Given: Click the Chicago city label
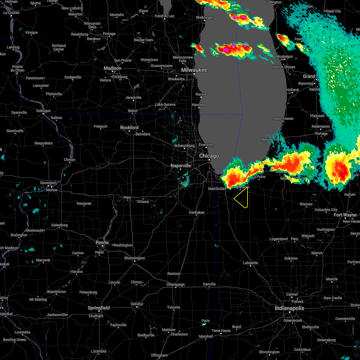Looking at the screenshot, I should (209, 156).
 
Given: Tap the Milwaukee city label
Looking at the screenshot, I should (194, 70).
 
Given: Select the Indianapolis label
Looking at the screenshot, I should (289, 308).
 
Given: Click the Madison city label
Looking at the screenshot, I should (112, 68).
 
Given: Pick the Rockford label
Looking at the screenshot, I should (129, 128).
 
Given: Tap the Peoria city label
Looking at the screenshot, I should (102, 242).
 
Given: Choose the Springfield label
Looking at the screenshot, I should (99, 308).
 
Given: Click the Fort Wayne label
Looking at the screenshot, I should (345, 215).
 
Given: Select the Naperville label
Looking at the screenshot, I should (181, 166).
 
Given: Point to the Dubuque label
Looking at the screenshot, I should (43, 111).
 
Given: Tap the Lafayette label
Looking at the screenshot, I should (250, 263).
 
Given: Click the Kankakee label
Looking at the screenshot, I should (196, 212).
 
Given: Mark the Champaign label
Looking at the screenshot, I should (176, 284).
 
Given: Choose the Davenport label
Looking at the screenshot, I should (48, 183).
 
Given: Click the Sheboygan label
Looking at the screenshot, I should (205, 18).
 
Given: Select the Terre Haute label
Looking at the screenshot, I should (221, 331).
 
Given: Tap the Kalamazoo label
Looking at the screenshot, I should (321, 127).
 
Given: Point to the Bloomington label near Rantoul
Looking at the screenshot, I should (135, 258).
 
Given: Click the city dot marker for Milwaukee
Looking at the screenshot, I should (194, 74).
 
